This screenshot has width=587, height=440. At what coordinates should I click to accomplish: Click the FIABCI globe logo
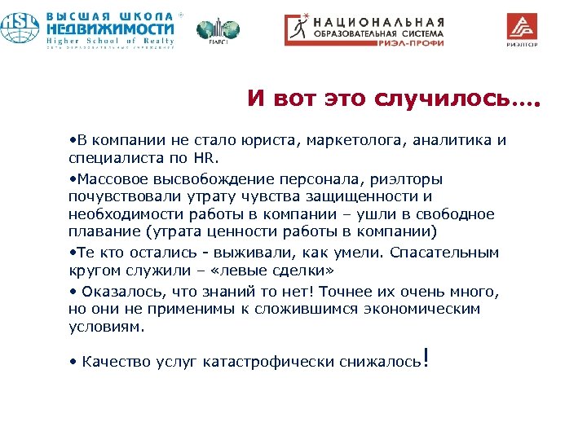[218, 31]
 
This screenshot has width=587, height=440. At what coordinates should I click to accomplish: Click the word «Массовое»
[108, 179]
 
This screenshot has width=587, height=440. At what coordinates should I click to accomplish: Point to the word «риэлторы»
[407, 179]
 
